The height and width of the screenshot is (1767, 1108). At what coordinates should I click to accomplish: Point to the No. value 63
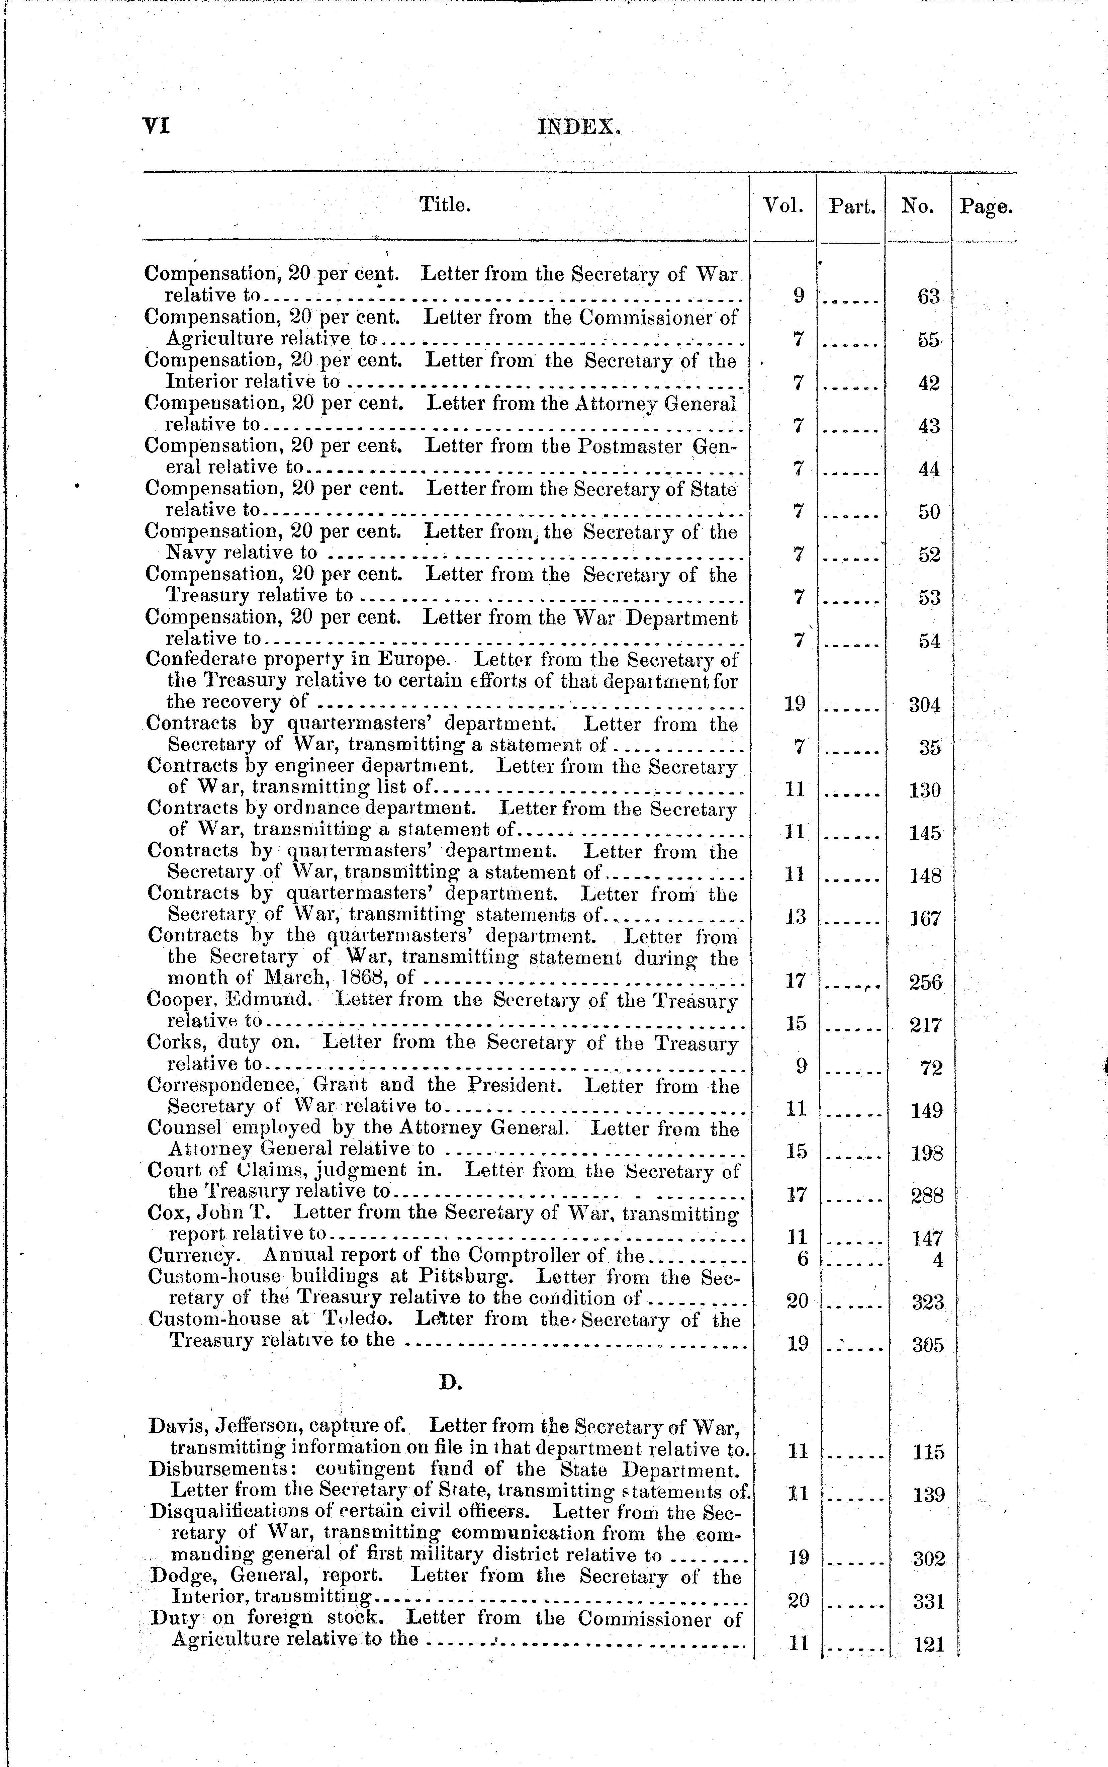coord(928,297)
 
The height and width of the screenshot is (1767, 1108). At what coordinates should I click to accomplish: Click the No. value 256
coord(926,982)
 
